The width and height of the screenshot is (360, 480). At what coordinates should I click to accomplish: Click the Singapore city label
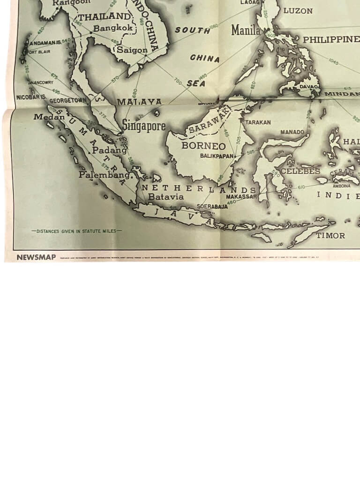click(x=144, y=126)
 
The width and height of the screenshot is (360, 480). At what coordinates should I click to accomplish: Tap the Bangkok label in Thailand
click(x=114, y=29)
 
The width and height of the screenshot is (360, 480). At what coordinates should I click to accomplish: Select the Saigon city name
click(x=132, y=50)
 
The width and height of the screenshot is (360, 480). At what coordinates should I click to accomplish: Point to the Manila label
click(x=246, y=31)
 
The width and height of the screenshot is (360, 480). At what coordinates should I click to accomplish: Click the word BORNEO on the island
click(x=203, y=146)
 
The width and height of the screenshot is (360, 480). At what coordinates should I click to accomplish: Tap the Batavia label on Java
click(x=166, y=197)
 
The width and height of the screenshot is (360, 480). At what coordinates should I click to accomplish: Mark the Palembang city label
click(x=105, y=175)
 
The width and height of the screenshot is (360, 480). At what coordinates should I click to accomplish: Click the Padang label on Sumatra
click(x=109, y=150)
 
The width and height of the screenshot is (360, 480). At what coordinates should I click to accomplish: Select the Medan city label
click(x=49, y=117)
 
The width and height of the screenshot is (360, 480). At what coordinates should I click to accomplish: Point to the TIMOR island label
click(x=330, y=235)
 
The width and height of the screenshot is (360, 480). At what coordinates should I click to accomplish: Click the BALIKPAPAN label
click(x=217, y=156)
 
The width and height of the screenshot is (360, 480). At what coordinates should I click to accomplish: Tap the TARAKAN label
click(x=258, y=122)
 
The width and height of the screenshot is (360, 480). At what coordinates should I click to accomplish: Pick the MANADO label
click(x=292, y=132)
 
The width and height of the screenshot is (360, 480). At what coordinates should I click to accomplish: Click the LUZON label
click(x=298, y=11)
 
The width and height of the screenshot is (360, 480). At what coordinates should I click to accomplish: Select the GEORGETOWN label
click(x=68, y=100)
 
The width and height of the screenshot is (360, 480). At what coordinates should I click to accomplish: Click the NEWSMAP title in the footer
click(x=36, y=257)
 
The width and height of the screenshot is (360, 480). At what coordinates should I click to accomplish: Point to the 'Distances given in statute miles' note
click(x=76, y=231)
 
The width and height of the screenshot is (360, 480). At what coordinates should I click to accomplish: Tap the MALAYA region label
click(x=139, y=102)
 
